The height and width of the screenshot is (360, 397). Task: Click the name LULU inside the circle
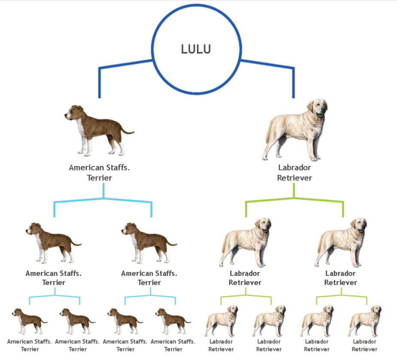click(196, 49)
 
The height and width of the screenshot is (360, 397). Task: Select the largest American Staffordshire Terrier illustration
click(99, 130)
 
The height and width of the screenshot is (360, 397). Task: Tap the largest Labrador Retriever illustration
click(295, 130)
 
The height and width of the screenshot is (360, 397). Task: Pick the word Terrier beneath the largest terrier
click(99, 178)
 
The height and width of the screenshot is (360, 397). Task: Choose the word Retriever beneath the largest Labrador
click(294, 178)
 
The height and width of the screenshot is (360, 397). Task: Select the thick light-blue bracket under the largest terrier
click(103, 199)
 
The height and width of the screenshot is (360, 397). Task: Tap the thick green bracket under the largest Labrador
click(294, 199)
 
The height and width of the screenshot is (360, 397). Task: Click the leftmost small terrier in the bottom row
click(30, 321)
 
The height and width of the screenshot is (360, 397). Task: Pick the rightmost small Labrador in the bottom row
click(365, 321)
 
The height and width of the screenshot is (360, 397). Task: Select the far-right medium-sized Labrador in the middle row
click(341, 243)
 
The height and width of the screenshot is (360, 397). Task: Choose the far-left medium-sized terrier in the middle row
click(53, 243)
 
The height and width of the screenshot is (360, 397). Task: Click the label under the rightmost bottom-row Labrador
click(364, 345)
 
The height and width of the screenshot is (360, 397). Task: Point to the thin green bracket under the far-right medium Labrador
click(341, 295)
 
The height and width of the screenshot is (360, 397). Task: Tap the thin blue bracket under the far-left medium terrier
click(55, 295)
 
